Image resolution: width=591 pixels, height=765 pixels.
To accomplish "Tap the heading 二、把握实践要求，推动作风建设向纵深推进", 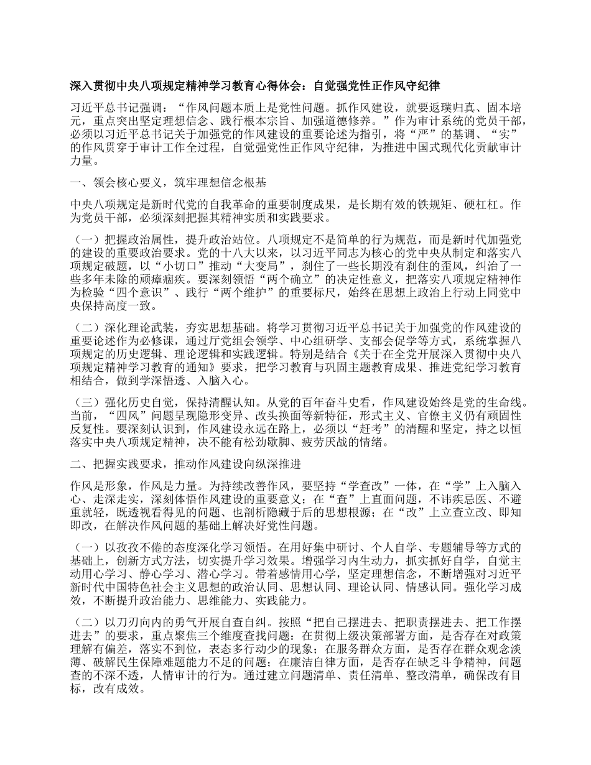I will click(186, 463).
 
